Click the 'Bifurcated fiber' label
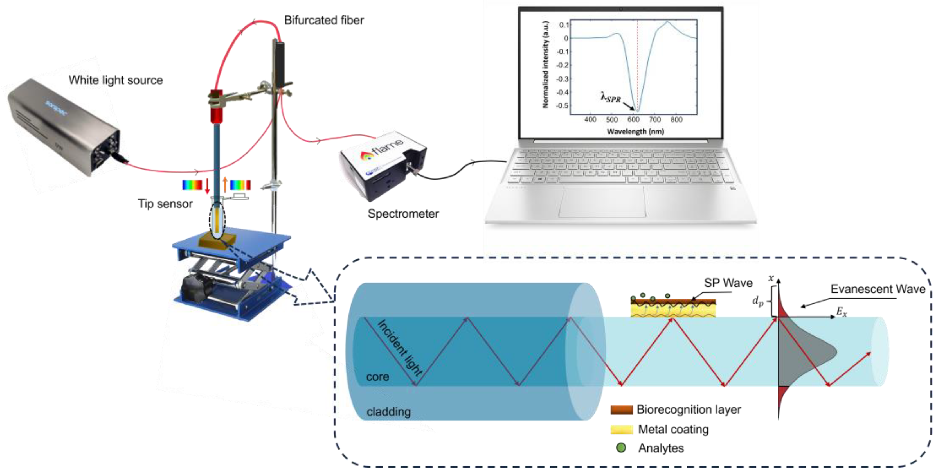(323, 21)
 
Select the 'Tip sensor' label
(165, 204)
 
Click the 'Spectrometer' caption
(403, 214)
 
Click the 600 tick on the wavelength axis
(633, 119)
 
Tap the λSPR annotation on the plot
(611, 98)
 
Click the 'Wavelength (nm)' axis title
(635, 131)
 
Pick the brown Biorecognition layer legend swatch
(621, 410)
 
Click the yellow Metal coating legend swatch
(621, 429)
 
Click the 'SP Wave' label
(728, 283)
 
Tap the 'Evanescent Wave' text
(878, 289)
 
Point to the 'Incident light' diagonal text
(400, 348)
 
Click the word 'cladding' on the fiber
(388, 412)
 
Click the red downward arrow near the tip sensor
(207, 185)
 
